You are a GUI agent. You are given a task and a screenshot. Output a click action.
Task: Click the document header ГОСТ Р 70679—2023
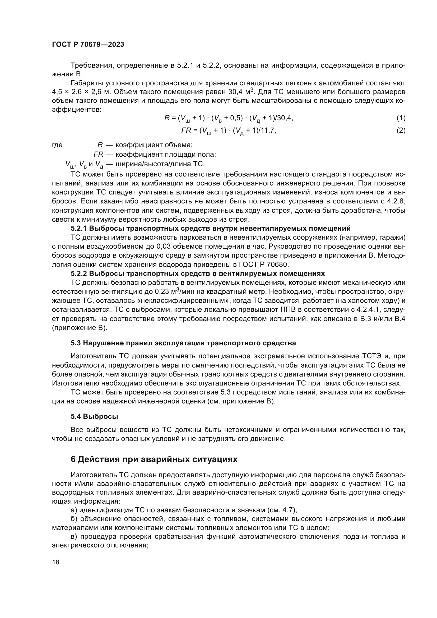88,45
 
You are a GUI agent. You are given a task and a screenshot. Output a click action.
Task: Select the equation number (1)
401,118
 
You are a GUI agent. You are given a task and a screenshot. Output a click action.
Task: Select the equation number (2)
401,131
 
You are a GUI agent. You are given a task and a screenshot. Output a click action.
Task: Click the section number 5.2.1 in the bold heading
78,229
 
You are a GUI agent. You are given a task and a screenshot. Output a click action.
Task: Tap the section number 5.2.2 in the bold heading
78,274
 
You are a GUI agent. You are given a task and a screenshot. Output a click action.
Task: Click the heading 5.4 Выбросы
94,417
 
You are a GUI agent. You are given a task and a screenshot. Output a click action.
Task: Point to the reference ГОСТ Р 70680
263,264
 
